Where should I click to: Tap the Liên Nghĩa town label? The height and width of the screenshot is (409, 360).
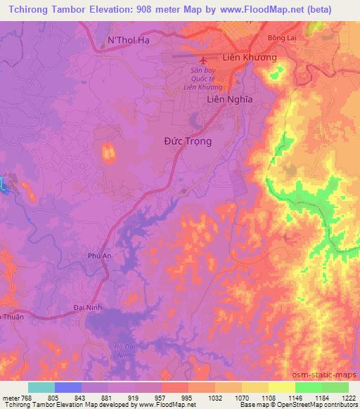(229, 100)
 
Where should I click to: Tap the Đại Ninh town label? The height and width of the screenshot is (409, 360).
(88, 308)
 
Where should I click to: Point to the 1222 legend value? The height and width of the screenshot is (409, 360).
(348, 397)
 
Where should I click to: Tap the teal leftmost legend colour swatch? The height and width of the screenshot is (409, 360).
(41, 387)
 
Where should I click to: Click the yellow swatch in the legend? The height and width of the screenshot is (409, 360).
(282, 387)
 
